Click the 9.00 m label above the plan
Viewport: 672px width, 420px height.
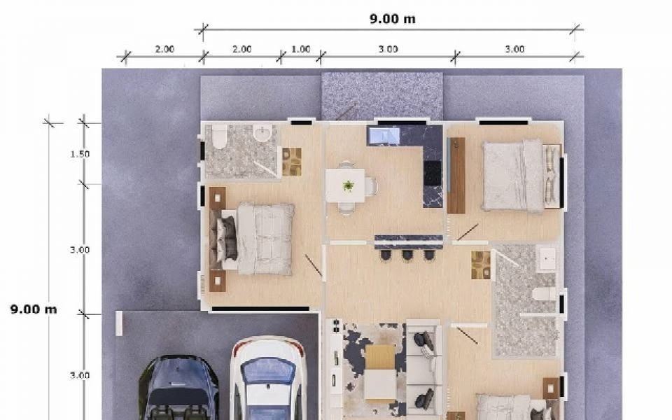[x=393, y=19]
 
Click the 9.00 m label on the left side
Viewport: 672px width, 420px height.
[x=34, y=309]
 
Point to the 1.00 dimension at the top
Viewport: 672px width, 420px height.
[x=301, y=49]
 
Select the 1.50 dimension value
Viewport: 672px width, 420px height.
[x=80, y=154]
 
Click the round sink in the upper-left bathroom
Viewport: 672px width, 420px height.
[x=262, y=133]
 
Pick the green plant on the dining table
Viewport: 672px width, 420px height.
[x=349, y=185]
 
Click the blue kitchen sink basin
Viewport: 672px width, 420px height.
[x=384, y=135]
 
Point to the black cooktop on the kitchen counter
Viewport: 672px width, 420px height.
[x=433, y=173]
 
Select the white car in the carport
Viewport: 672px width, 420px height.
[x=268, y=378]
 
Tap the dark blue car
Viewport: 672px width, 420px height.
[x=179, y=387]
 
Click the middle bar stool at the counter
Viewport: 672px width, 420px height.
[x=407, y=255]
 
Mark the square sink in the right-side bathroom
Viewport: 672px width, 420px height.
[x=547, y=258]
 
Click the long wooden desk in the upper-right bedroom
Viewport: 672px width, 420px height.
[x=456, y=175]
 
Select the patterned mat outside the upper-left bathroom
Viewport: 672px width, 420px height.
[x=291, y=162]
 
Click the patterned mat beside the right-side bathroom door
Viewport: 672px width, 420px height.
[x=481, y=265]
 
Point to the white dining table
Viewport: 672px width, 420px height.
[x=345, y=185]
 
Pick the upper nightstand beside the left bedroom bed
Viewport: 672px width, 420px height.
[x=217, y=198]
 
